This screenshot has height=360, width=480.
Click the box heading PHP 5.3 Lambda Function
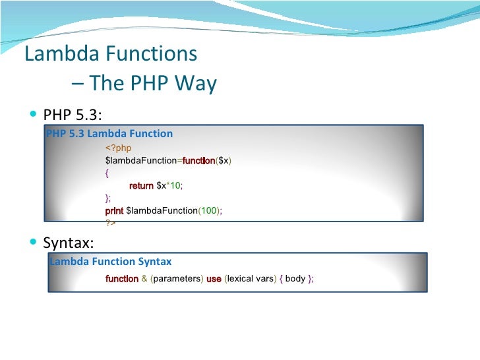click(x=109, y=134)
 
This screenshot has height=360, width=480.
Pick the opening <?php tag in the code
click(x=119, y=148)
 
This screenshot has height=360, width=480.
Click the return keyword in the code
click(x=141, y=186)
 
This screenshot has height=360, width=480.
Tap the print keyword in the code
click(x=114, y=210)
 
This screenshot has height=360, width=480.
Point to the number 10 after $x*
click(x=175, y=186)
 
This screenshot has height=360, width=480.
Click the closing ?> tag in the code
click(x=110, y=223)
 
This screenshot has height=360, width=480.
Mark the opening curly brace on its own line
click(x=107, y=173)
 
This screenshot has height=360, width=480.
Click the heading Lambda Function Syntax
click(x=111, y=262)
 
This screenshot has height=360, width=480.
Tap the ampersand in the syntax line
click(x=144, y=279)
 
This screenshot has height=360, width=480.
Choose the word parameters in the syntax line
click(x=178, y=279)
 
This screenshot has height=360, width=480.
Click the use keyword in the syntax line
click(x=214, y=279)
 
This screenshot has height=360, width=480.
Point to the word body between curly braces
click(x=295, y=279)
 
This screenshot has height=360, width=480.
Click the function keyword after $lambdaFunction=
click(x=198, y=161)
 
